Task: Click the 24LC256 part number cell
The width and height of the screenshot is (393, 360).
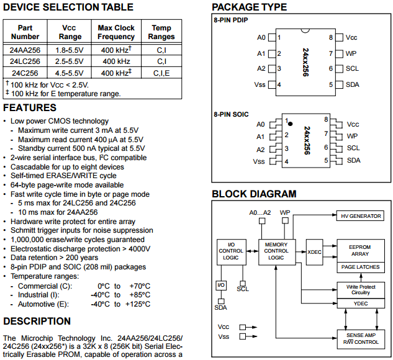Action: [25, 61]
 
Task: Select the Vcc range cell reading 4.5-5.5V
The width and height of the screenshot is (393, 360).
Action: [69, 73]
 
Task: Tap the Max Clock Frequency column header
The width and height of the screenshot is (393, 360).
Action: [116, 32]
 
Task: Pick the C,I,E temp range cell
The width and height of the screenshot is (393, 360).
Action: [161, 73]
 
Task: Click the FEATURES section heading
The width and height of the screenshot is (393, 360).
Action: [30, 108]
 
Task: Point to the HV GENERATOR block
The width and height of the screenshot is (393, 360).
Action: [360, 216]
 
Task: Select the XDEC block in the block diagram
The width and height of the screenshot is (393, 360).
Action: [314, 252]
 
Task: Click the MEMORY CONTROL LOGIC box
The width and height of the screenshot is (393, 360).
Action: [277, 252]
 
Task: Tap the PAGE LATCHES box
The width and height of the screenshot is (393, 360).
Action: [361, 267]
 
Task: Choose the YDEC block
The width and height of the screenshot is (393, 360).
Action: [361, 304]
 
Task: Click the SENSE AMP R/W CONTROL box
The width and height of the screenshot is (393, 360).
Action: [361, 339]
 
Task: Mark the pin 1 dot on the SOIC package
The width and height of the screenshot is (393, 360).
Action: [290, 124]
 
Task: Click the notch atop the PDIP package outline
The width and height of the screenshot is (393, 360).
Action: [305, 30]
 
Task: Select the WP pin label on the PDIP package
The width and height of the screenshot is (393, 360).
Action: [351, 53]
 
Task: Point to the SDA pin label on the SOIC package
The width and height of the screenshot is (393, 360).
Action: [354, 160]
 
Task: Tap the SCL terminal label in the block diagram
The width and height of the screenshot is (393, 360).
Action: [243, 289]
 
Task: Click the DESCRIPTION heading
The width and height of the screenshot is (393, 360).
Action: [37, 321]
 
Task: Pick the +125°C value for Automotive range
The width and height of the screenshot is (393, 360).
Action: [138, 304]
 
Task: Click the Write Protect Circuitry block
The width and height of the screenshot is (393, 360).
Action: [361, 290]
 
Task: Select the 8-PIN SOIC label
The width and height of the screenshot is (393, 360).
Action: [231, 114]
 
